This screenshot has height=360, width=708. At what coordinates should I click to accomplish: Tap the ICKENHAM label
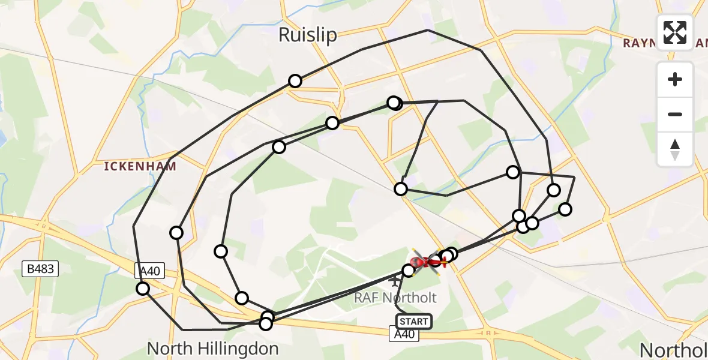(x=140, y=166)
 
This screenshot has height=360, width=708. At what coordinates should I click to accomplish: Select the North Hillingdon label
(x=212, y=349)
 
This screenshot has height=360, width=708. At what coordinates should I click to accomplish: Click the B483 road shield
(x=42, y=268)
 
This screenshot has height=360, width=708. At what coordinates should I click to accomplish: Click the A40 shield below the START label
(x=404, y=335)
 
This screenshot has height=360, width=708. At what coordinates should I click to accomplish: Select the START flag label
(x=414, y=322)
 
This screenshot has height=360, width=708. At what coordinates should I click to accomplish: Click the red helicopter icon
(x=427, y=261)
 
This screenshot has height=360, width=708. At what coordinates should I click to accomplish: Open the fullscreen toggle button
(x=675, y=32)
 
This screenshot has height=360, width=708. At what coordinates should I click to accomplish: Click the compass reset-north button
(x=675, y=149)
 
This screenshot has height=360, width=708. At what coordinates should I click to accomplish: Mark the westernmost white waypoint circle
(x=143, y=289)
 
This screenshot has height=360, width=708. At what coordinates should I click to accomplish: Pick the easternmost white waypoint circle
(x=565, y=209)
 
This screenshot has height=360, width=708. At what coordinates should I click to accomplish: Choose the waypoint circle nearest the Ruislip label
(x=295, y=81)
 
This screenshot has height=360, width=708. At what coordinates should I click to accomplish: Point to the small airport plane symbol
(x=394, y=280)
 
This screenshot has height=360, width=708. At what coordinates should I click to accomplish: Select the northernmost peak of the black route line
(x=427, y=30)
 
